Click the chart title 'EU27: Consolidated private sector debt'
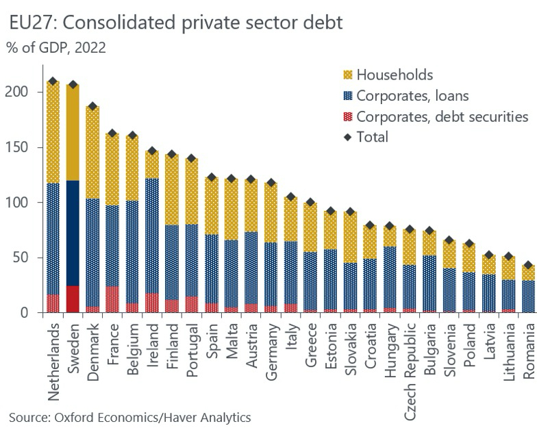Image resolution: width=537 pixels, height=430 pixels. point(176,23)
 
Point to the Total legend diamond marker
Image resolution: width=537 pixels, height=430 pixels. point(347,137)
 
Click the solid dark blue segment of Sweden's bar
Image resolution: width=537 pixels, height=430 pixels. point(73,233)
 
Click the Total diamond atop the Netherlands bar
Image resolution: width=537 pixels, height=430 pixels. point(53,81)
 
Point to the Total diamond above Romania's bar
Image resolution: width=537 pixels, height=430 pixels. point(527,265)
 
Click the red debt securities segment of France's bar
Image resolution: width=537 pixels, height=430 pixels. point(112,300)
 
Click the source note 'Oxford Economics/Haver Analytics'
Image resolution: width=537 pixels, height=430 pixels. point(129,416)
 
